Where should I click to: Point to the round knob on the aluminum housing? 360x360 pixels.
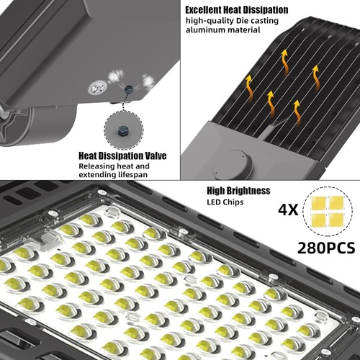pos(230,161)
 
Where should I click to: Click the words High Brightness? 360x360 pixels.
pos(238,191)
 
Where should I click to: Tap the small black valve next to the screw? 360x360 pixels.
pos(127,89)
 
